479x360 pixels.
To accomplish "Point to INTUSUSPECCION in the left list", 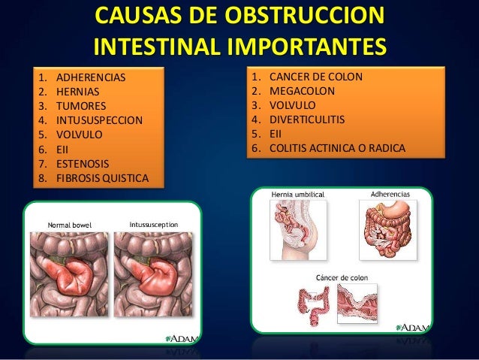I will pos(98,121).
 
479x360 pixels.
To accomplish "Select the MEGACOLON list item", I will pos(302,91).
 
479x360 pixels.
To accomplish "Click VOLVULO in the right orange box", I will pos(294,105).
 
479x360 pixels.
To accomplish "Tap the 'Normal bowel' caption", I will pos(70,224).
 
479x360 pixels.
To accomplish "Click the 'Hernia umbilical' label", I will pos(297,194).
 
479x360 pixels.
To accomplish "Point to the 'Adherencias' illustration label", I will pos(390,194).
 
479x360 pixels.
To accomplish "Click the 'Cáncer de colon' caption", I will pos(342,277).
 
